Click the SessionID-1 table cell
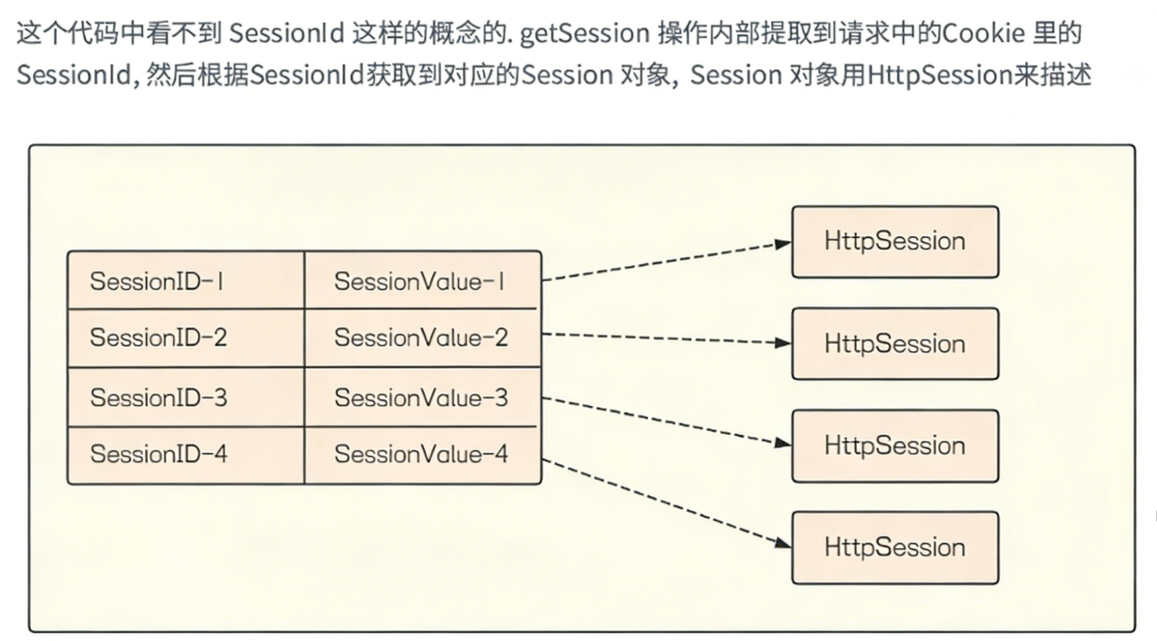186,282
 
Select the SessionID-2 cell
186,339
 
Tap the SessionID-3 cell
186,397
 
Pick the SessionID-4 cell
186,454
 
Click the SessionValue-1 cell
422,282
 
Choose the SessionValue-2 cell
422,339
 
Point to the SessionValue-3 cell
422,397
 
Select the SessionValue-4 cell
422,454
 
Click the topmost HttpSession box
895,242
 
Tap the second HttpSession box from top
895,343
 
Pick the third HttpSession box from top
895,445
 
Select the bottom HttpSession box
895,547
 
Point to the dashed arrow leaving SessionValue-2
666,339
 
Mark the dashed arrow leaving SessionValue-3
666,420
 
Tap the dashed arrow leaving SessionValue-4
666,502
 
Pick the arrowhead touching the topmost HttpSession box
782,244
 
